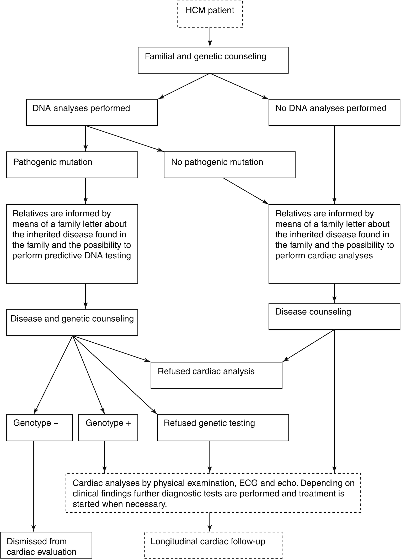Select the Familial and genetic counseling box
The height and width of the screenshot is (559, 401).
[x=213, y=60]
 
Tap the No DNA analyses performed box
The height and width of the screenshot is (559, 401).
[x=334, y=112]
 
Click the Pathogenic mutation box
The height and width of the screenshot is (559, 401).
[x=72, y=165]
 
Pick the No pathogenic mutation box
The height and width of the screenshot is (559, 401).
[x=229, y=165]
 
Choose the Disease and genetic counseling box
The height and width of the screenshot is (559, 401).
[x=72, y=322]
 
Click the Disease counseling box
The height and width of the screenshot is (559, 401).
[x=334, y=316]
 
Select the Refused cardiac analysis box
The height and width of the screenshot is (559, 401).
[x=216, y=375]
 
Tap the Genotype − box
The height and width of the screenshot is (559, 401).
[x=39, y=428]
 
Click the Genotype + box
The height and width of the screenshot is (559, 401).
[x=108, y=428]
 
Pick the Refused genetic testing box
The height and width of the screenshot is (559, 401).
[x=223, y=428]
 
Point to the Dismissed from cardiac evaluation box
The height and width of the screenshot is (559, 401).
[x=46, y=545]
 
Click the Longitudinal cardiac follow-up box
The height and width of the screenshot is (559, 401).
[x=213, y=545]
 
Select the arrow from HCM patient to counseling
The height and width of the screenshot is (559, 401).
[x=210, y=37]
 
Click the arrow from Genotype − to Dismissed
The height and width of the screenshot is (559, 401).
[x=34, y=487]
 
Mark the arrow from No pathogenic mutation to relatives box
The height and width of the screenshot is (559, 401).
[x=246, y=191]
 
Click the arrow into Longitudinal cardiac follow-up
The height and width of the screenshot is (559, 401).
[x=210, y=522]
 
